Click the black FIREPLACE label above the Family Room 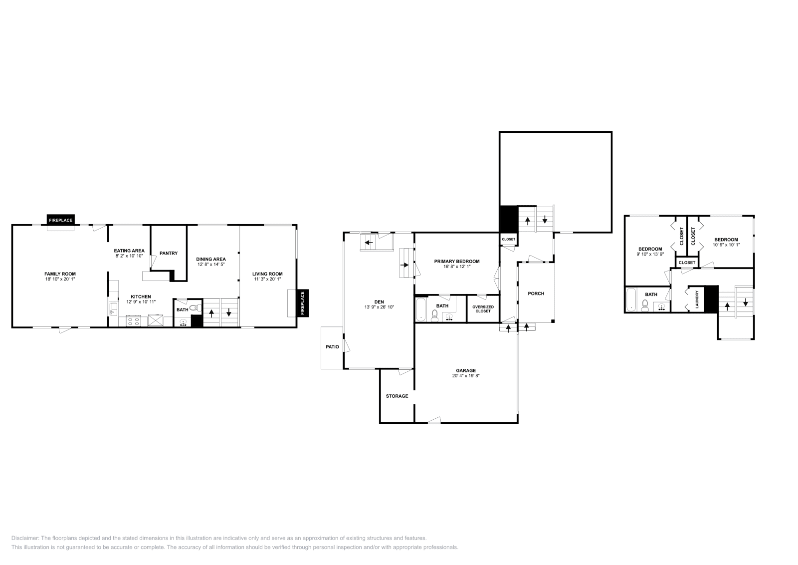(60, 220)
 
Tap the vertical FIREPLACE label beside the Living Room (302, 303)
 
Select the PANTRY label (169, 253)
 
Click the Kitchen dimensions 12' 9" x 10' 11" (141, 302)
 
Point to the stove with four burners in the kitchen (133, 321)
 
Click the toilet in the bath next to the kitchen (195, 308)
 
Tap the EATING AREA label (129, 251)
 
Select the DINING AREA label (210, 259)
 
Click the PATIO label (332, 346)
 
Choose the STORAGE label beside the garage (397, 396)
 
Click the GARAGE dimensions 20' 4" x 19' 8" (466, 376)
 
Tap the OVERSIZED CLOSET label (483, 309)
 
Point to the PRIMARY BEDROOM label (457, 261)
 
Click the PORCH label (536, 293)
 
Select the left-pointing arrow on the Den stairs (369, 243)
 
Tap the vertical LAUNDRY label (697, 299)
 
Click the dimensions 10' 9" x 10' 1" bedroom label (726, 245)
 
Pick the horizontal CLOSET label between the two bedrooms (687, 263)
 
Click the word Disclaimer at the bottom (24, 538)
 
